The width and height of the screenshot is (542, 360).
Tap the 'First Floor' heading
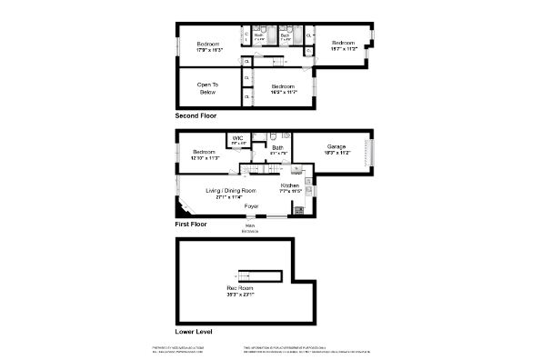[190, 224]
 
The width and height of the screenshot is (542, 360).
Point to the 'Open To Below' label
[208, 89]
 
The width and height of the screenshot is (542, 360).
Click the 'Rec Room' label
[239, 288]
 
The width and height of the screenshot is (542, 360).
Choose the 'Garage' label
[338, 148]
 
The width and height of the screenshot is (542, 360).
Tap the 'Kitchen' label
[290, 185]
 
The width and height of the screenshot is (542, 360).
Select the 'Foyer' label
[251, 206]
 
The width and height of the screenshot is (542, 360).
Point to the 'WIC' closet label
[237, 138]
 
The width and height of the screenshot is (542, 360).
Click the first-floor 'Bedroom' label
[203, 152]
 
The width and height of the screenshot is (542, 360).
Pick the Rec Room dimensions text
[240, 295]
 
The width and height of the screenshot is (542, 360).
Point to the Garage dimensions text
[338, 154]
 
